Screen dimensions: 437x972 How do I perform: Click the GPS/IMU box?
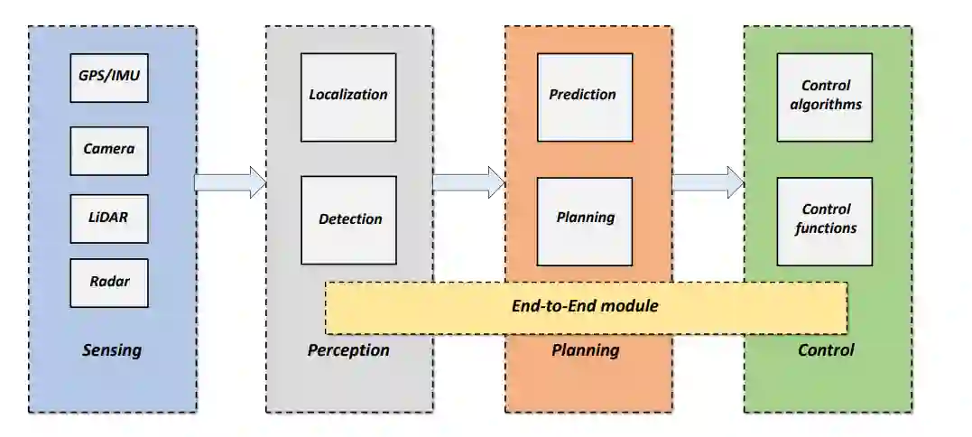(x=108, y=78)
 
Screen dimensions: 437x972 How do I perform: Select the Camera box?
(x=108, y=150)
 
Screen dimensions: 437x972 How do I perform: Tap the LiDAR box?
(x=108, y=218)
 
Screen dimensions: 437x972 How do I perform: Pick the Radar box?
(x=108, y=283)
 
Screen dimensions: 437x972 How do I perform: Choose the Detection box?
(x=347, y=219)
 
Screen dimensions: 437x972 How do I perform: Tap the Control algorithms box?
(x=824, y=97)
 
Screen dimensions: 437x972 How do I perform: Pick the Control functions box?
(x=824, y=220)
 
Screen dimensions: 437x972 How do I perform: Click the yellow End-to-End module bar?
(x=585, y=307)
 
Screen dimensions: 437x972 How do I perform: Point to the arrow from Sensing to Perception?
(x=230, y=182)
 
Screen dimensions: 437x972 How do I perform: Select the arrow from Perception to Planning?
(x=467, y=182)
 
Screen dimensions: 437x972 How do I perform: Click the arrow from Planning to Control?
(x=708, y=182)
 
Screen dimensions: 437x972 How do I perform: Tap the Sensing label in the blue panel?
(x=112, y=350)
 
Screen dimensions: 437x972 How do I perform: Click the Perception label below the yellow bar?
(x=348, y=350)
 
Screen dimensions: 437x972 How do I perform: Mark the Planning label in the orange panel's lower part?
(x=585, y=350)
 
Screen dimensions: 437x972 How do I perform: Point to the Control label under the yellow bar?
(x=826, y=350)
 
